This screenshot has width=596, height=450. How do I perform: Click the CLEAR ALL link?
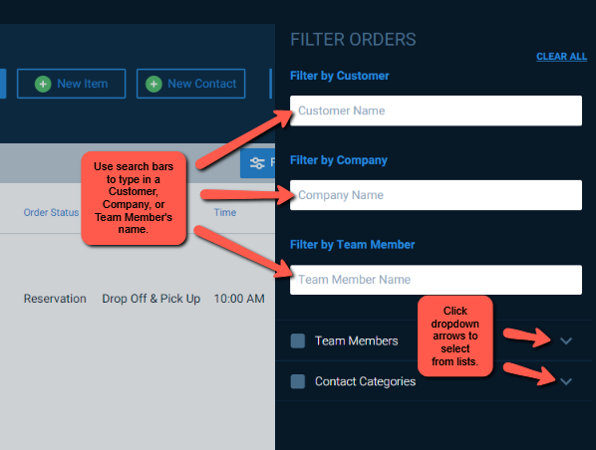coord(561,57)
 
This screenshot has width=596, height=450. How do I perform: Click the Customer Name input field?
coord(436,111)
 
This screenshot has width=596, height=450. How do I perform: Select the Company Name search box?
coord(436,195)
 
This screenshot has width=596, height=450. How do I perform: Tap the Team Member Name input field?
coord(436,280)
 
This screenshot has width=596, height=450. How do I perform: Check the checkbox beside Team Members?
coord(298,340)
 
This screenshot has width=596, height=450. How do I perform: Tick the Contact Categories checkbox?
coord(298,381)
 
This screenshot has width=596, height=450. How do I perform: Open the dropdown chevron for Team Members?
coord(566,341)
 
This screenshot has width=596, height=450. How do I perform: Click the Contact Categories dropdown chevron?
coord(566,381)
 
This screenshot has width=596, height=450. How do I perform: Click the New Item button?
coord(71,84)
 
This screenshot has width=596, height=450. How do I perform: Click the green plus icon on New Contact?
coord(153,84)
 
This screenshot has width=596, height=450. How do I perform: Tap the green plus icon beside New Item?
coord(43,84)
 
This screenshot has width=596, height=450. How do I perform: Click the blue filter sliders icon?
coord(257,163)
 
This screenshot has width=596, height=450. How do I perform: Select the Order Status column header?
coord(51,212)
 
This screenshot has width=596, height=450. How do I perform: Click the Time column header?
coord(225,212)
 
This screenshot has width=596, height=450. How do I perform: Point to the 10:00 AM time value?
coord(239,299)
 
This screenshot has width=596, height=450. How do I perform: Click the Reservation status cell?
coord(55,299)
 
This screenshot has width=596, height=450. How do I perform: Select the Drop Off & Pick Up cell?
coord(151,299)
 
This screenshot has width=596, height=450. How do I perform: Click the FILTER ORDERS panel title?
coord(353,40)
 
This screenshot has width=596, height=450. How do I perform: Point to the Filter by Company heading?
coord(339,160)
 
